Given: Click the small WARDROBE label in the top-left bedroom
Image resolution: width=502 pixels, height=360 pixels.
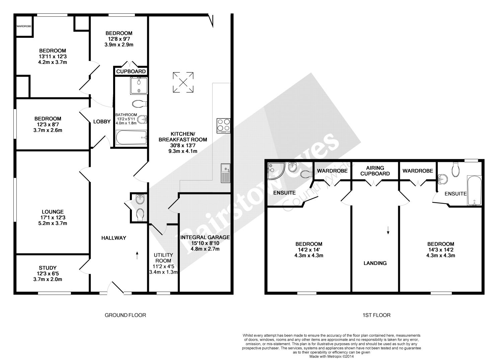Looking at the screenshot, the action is point(24,26).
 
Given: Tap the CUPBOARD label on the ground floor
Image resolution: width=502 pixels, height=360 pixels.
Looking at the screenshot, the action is point(131,72).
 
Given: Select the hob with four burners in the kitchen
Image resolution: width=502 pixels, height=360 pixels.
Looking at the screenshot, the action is point(224,126).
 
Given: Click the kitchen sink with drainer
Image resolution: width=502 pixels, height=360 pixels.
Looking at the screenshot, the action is point(226,173).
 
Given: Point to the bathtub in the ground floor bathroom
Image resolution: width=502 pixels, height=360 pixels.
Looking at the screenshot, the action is point(131,137).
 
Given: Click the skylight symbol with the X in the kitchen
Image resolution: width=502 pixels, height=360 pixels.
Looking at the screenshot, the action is point(183,82).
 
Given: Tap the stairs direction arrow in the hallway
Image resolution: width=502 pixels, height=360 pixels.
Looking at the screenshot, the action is point(137,255).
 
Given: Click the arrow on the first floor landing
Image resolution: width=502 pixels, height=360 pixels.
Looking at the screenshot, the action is point(388,230).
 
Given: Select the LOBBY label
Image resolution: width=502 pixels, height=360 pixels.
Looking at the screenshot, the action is point(102,122).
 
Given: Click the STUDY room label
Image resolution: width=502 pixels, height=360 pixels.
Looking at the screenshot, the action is point(48,268).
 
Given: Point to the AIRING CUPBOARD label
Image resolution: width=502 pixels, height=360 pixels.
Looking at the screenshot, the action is point(375,171).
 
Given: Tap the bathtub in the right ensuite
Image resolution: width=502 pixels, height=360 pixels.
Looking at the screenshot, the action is point(474,190).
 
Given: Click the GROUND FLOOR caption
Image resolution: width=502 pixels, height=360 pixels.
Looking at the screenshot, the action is point(125,315).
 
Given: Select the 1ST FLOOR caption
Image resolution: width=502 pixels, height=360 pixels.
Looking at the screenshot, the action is point(376,315).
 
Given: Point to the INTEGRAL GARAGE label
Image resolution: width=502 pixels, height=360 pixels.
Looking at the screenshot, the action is point(205,238).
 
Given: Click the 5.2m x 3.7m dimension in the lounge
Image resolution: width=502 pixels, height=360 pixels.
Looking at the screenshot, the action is point(53,223).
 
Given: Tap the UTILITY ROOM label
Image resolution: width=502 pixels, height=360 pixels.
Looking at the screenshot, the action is point(163,258).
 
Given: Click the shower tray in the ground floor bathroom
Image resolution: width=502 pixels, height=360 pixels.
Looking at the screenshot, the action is point(139,86).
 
